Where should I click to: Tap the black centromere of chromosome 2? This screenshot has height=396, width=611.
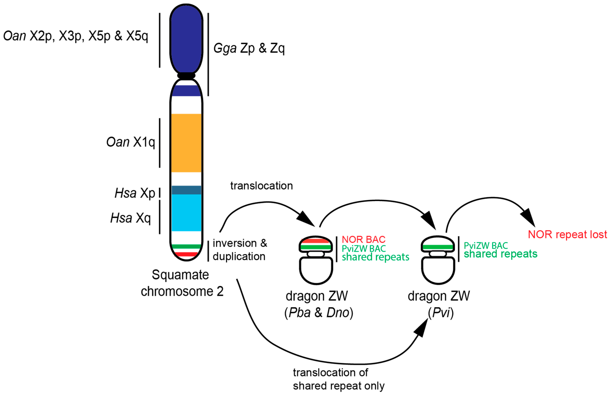tap(186, 75)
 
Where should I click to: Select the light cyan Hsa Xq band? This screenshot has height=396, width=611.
tap(186, 213)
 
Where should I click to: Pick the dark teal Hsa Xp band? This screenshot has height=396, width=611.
tap(186, 190)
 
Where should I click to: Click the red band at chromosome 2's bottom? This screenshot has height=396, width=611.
tap(186, 254)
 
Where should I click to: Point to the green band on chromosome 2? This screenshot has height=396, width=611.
tap(186, 246)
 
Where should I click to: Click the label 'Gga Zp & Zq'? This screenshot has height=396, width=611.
tap(249, 48)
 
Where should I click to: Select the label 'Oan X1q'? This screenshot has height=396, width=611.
tap(130, 142)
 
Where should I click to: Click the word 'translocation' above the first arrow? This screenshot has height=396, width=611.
tap(261, 186)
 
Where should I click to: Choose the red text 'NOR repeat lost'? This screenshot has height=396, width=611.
tap(567, 234)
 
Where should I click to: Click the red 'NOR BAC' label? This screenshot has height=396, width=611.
tap(363, 239)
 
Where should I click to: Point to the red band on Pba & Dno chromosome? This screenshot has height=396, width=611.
tap(315, 241)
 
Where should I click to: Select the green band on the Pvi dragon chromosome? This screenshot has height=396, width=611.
tap(438, 247)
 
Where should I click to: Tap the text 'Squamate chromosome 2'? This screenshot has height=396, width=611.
tap(182, 283)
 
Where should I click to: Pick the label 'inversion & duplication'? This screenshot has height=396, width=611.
tap(240, 249)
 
